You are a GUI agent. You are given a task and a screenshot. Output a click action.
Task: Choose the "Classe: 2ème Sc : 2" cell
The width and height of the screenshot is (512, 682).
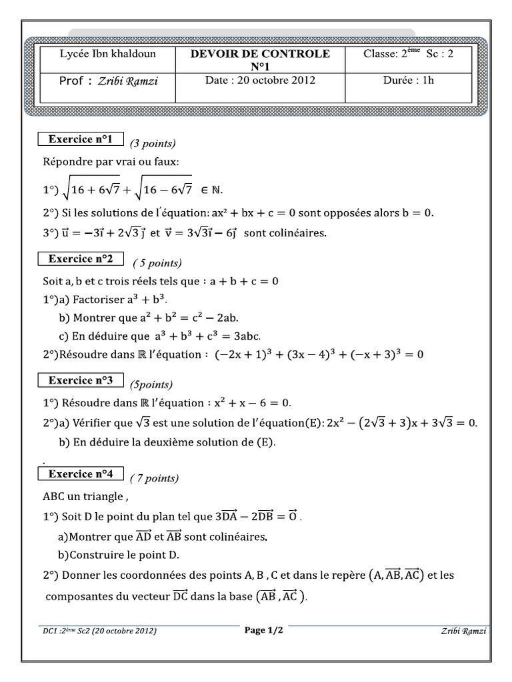click(408, 54)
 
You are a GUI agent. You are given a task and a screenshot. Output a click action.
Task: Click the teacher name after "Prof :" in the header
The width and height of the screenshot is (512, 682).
click(128, 81)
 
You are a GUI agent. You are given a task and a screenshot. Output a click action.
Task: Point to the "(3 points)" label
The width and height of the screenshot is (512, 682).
click(153, 143)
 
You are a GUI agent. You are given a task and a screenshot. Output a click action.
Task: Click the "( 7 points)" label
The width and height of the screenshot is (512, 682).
click(155, 478)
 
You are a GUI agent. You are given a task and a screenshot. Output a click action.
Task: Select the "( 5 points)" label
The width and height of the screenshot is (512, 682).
click(157, 262)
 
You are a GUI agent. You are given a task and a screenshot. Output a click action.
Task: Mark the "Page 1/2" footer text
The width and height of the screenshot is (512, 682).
click(264, 630)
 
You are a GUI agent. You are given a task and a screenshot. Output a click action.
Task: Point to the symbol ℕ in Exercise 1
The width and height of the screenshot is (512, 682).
click(216, 190)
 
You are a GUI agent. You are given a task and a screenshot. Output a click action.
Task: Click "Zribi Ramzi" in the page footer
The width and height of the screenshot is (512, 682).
click(464, 631)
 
